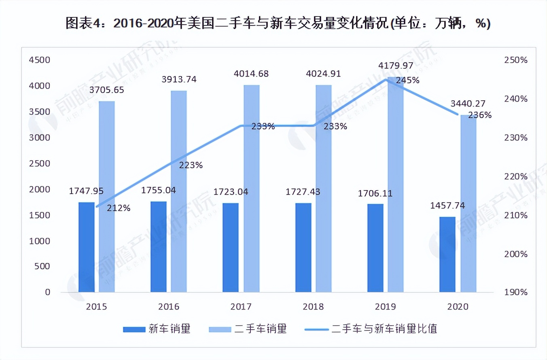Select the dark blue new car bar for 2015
click(86, 247)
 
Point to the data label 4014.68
click(251, 74)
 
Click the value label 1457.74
click(447, 205)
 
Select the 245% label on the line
click(407, 80)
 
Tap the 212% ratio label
click(119, 208)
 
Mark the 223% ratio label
click(191, 165)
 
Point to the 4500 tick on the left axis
click(39, 60)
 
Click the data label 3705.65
click(107, 89)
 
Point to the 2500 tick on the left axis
click(39, 163)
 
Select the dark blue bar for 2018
click(303, 247)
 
